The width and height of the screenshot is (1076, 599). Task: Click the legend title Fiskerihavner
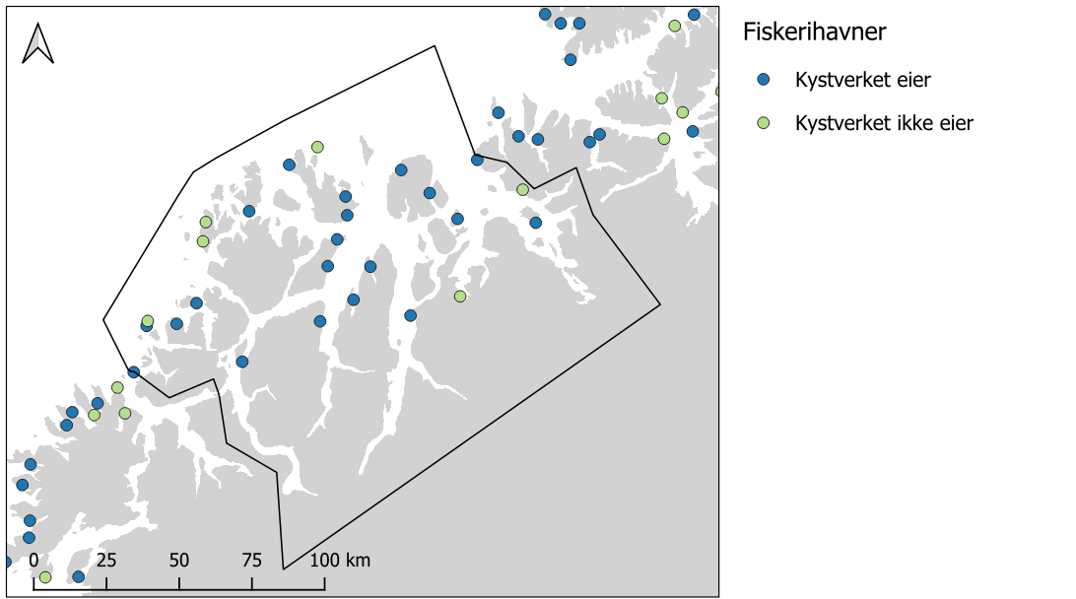(x=814, y=33)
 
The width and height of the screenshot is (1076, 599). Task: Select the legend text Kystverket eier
(x=861, y=80)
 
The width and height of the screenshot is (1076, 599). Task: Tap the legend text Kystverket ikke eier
(x=883, y=123)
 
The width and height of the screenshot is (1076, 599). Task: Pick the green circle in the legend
(x=763, y=123)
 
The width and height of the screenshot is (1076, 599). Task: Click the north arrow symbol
(x=37, y=43)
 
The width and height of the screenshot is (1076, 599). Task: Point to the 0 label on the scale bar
(x=34, y=561)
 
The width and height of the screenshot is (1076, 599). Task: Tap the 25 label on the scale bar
(x=106, y=561)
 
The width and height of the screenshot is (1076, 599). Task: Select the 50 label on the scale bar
(x=179, y=561)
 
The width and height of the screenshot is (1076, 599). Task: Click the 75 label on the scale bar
(x=252, y=561)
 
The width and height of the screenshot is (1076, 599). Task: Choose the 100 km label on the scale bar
(x=341, y=561)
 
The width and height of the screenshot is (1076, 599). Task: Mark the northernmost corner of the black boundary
(x=435, y=46)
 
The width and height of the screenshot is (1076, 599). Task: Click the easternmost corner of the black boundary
(x=659, y=304)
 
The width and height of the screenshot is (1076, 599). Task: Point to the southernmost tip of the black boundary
(x=284, y=568)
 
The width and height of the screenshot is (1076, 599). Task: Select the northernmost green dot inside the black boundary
(x=317, y=147)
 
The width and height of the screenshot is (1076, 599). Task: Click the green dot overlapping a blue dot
(x=148, y=320)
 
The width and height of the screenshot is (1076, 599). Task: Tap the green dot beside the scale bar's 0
(x=45, y=576)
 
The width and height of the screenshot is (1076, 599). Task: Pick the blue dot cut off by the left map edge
(x=7, y=562)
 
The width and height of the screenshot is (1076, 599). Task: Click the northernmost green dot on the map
(x=674, y=26)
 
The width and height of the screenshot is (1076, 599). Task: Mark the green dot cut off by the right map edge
(x=717, y=92)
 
